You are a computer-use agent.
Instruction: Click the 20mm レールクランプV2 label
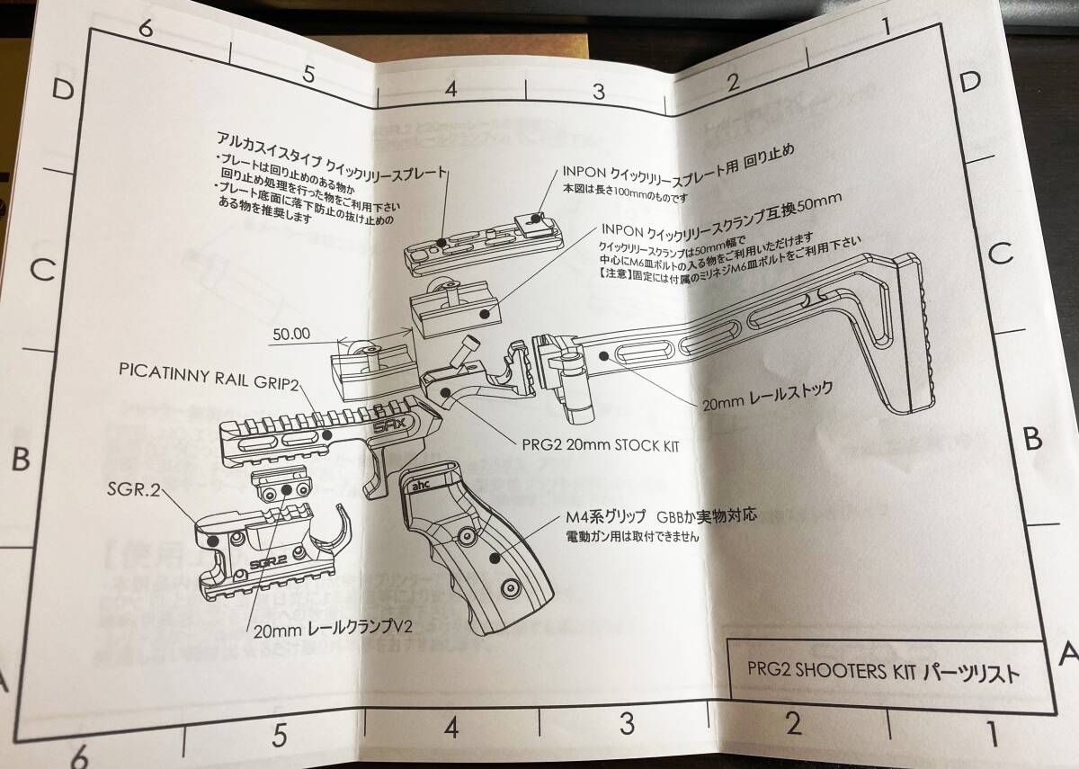[x=334, y=629]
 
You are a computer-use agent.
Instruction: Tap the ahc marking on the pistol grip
[x=421, y=483]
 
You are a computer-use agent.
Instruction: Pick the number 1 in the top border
[x=886, y=26]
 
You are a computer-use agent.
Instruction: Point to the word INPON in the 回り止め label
[x=588, y=172]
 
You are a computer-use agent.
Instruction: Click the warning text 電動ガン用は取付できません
[x=631, y=538]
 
